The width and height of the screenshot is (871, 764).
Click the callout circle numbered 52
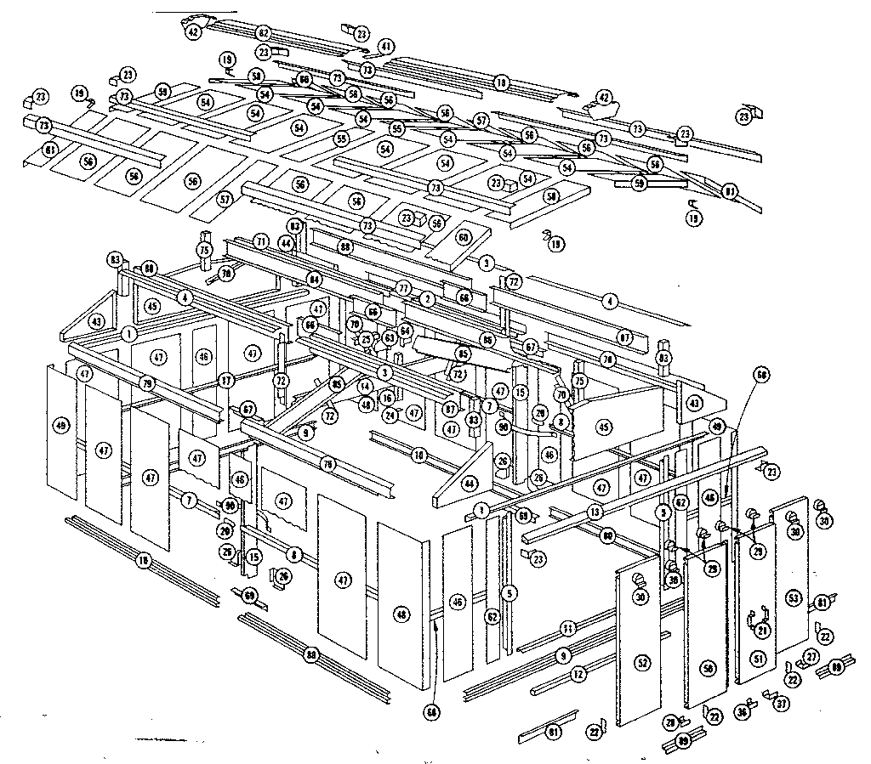click(641, 660)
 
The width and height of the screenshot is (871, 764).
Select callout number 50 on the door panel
click(707, 669)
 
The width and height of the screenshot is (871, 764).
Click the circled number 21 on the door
click(762, 630)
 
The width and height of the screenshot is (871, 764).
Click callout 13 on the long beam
click(595, 512)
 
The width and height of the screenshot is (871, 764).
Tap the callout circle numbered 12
click(578, 674)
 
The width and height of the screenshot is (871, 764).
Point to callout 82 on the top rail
click(264, 32)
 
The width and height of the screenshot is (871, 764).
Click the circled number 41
click(387, 46)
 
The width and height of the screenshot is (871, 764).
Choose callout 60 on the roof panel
click(464, 238)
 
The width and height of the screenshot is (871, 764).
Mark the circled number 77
click(404, 287)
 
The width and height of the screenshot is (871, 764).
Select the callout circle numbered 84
click(315, 278)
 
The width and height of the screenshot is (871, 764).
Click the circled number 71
click(260, 242)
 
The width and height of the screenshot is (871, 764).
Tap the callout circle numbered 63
click(390, 338)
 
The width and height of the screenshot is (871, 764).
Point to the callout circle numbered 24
click(390, 415)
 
